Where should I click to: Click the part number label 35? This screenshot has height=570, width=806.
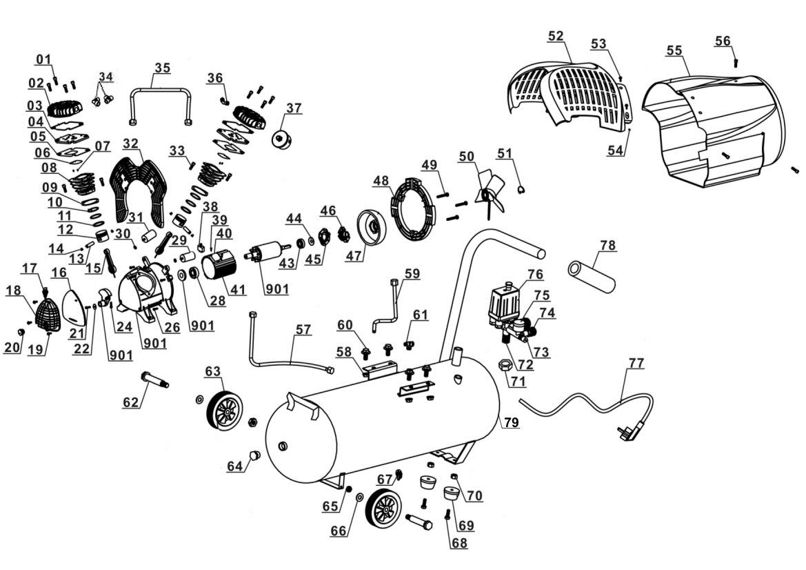coord(162,68)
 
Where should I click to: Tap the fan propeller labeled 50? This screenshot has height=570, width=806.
coord(490,193)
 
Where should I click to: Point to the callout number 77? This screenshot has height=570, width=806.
coord(636,364)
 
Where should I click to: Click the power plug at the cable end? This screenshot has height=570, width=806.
coord(627,433)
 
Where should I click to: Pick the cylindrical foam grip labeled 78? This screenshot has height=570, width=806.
coord(592,276)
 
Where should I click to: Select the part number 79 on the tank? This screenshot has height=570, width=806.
coord(510,423)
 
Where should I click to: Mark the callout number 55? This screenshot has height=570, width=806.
coord(674,50)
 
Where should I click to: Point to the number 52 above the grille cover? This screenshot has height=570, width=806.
coord(556,35)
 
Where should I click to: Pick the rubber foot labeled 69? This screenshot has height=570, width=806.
coord(450,495)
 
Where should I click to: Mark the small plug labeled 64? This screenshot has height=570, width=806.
coord(254,455)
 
